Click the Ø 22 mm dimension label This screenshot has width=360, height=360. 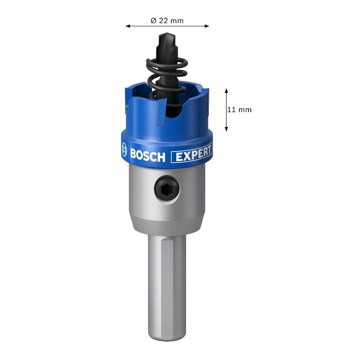tap(167, 21)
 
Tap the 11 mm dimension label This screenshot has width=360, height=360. tap(239, 110)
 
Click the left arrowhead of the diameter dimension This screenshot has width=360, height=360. tap(128, 26)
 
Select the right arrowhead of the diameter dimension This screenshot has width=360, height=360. tap(207, 26)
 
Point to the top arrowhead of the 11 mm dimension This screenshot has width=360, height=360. tap(226, 90)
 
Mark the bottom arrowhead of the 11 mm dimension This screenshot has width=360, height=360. tap(226, 129)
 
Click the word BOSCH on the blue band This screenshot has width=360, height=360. tap(148, 156)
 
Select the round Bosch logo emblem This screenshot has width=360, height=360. tap(124, 149)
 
